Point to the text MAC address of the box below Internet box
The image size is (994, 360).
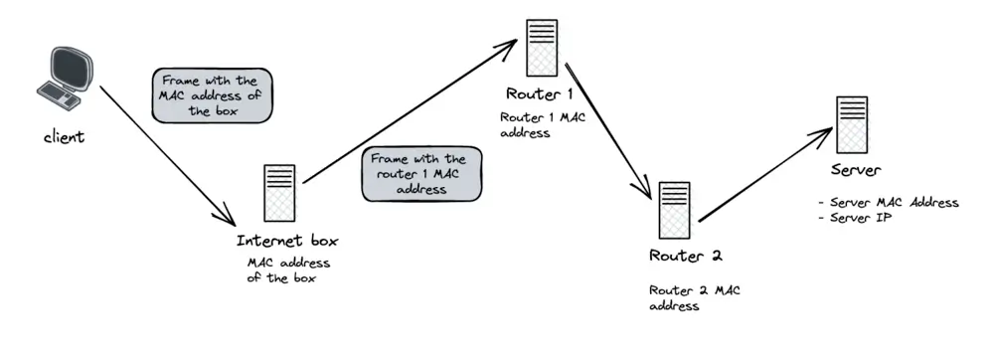pos(287,270)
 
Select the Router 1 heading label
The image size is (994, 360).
pos(539,95)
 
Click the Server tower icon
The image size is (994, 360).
pos(851,123)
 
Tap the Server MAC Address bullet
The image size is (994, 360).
pos(888,202)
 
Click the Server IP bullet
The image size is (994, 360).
pos(856,217)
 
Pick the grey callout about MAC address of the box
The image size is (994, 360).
pos(211,94)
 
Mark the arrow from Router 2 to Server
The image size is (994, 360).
pos(765,177)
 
